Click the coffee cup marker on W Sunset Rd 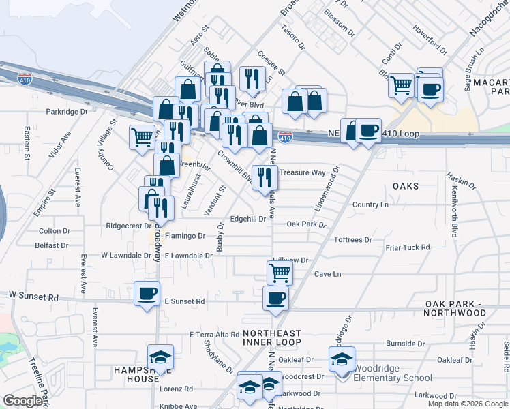click(x=147, y=294)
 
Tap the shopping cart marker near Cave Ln click(x=280, y=272)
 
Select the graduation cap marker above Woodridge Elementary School click(x=342, y=359)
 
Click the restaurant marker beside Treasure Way click(x=265, y=177)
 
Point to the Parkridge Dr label click(x=67, y=111)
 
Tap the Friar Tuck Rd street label click(x=407, y=247)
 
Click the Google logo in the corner click(x=22, y=401)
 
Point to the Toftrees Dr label click(x=352, y=240)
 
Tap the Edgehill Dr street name click(x=248, y=219)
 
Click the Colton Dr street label click(x=55, y=231)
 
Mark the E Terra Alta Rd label click(x=214, y=335)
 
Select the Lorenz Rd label click(x=177, y=389)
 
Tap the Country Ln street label click(x=370, y=204)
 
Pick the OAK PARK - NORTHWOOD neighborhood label click(x=455, y=307)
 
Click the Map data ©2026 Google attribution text click(x=468, y=404)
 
